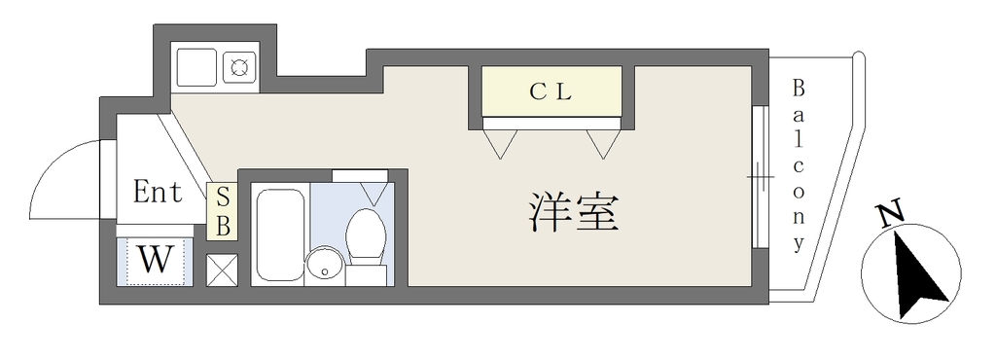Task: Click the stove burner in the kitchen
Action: click(239, 66)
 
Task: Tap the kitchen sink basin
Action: click(196, 66)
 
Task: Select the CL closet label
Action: click(551, 92)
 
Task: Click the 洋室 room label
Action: click(573, 213)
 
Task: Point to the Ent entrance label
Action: click(158, 191)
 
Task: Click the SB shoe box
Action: click(223, 212)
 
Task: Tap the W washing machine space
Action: click(155, 261)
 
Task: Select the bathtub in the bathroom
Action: click(279, 234)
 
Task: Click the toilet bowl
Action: click(366, 235)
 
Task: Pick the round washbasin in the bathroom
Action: click(325, 267)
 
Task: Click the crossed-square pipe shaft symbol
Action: click(223, 270)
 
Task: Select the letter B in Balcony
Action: click(798, 89)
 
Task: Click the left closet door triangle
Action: click(500, 143)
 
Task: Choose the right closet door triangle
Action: click(602, 143)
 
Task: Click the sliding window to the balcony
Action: click(757, 176)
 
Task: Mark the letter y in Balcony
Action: click(799, 244)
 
